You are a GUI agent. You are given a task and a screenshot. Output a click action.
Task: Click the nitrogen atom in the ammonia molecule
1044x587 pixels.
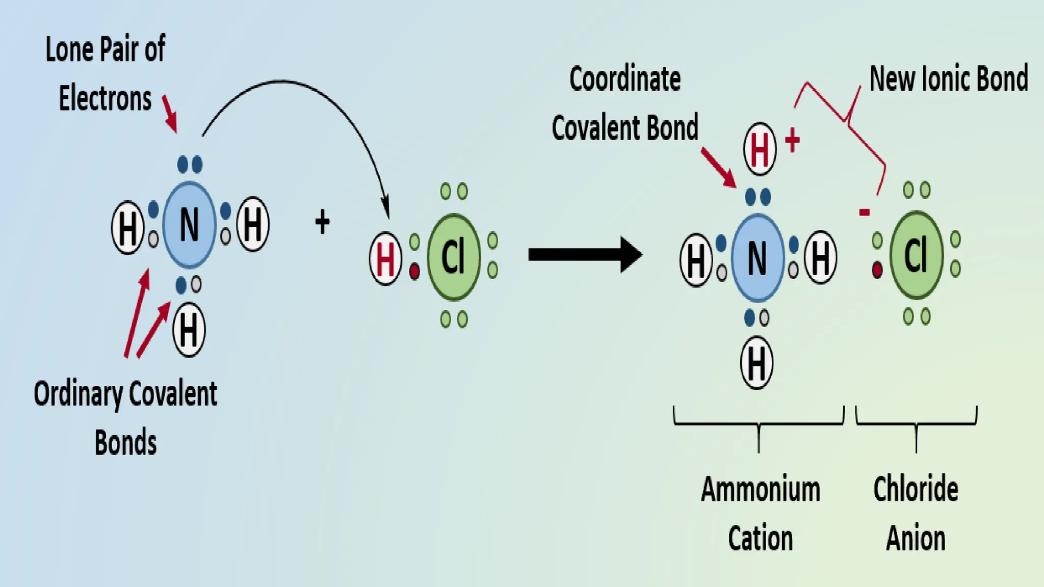[189, 225]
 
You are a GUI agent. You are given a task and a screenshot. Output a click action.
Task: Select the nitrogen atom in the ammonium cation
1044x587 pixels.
[758, 258]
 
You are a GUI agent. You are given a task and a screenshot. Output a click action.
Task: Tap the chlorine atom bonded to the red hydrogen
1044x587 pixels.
[453, 257]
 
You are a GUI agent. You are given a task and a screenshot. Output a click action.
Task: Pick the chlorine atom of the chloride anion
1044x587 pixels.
[916, 255]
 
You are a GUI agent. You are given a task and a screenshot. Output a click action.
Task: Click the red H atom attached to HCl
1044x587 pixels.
[385, 258]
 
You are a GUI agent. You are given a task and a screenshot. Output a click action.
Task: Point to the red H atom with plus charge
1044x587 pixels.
[760, 149]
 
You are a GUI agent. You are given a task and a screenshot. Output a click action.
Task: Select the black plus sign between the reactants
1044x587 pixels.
[322, 222]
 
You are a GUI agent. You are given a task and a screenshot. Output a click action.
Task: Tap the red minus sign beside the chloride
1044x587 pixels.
[864, 212]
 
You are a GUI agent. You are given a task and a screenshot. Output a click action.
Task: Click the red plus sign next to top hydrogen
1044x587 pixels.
[792, 140]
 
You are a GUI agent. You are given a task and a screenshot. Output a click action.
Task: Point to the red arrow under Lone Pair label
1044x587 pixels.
[170, 113]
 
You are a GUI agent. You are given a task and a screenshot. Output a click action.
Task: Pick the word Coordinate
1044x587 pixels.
[625, 79]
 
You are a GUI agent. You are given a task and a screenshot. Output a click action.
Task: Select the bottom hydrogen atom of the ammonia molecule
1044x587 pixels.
[189, 330]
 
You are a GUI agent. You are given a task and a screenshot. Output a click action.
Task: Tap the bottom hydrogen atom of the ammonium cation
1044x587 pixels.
[756, 363]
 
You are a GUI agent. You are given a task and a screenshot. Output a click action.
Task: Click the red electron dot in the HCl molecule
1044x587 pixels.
[414, 271]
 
